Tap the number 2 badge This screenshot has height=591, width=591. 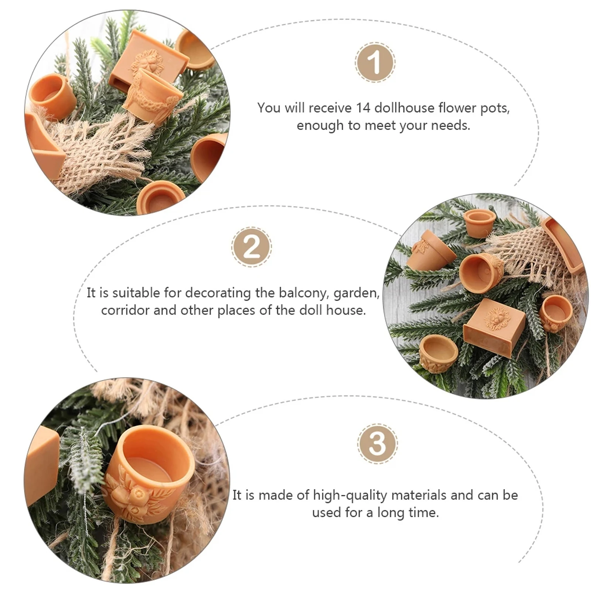pos(252,247)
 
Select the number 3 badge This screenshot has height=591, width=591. pos(377,444)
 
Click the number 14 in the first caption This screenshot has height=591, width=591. pos(363,108)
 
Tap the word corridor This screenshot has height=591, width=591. pos(125,310)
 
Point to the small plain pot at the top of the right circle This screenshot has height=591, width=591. pos(479,223)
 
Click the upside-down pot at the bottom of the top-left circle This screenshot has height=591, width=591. pos(160,197)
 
